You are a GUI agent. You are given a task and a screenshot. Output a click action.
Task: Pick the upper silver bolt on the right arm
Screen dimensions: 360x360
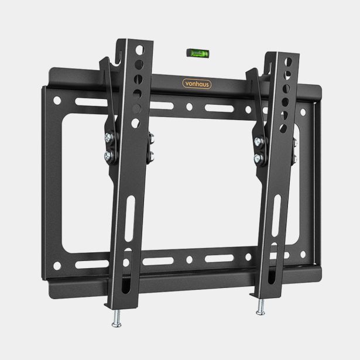(x=258, y=141)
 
